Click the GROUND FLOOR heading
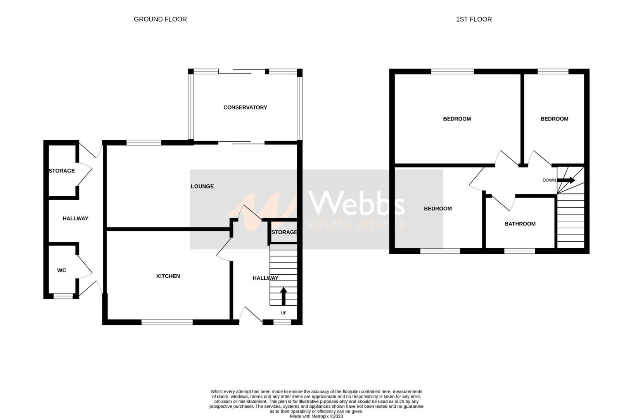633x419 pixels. coord(160,19)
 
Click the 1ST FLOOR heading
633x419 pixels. coord(474,19)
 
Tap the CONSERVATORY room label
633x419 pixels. coord(245,107)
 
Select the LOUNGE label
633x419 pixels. coord(202,187)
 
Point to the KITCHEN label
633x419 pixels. coord(168,276)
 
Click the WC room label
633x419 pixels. coord(62,270)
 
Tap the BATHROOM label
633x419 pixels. coord(520,224)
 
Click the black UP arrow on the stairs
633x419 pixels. coord(283,296)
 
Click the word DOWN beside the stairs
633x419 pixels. coord(549,180)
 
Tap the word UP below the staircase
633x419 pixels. coord(284,313)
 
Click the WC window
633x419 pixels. coord(63,296)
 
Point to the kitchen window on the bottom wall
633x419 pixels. coord(167,322)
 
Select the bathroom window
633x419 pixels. coord(519,251)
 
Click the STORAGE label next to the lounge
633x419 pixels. coord(284,232)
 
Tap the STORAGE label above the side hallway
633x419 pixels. coord(62,171)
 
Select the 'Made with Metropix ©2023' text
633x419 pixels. coord(316,416)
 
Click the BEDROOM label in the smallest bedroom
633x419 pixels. coord(554,119)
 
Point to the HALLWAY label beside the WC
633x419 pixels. coord(76,218)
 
